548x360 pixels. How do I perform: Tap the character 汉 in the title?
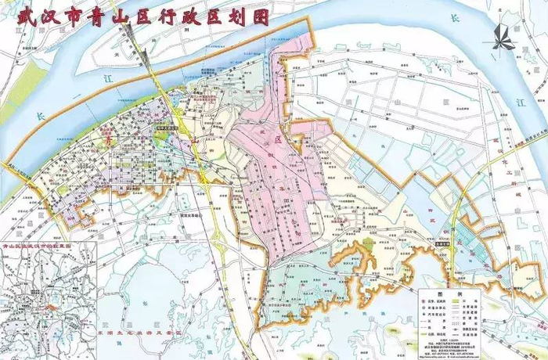[x=44, y=16]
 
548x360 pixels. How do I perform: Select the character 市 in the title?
[x=72, y=16]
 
